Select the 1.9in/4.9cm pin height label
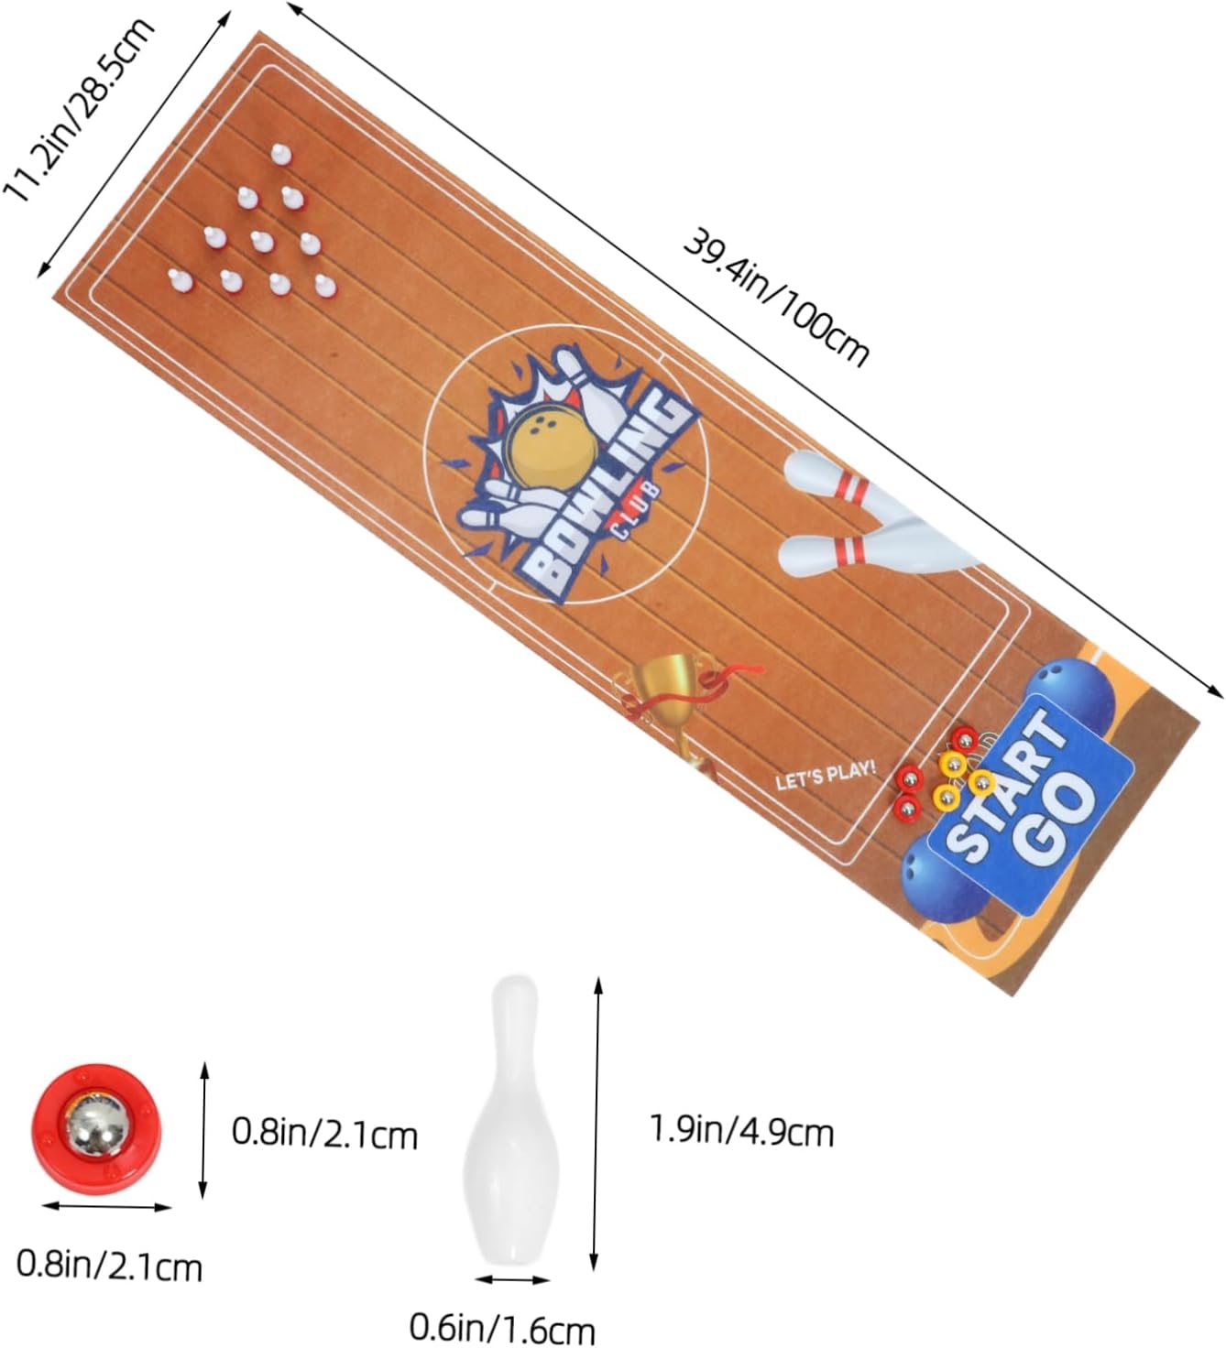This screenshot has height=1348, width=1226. (x=741, y=1132)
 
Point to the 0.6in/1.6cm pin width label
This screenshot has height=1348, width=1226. (x=502, y=1328)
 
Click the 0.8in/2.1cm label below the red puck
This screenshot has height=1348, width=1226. (x=109, y=1266)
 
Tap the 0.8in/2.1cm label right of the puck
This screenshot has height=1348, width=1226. (x=324, y=1134)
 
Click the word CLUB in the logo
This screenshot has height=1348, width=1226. (x=631, y=508)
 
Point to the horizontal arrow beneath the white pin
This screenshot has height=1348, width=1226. (x=512, y=1279)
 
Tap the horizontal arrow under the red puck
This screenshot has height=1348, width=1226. (x=106, y=1207)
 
